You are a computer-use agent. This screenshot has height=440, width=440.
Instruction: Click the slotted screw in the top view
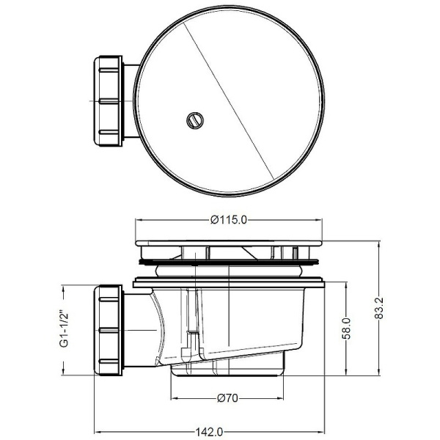[194, 119]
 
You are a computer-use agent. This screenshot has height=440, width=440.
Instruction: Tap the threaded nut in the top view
[109, 99]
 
